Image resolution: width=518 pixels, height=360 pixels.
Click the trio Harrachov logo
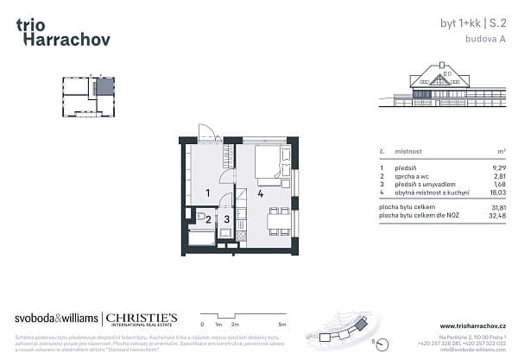[x=63, y=32]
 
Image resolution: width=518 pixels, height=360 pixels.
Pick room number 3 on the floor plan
[x=226, y=219]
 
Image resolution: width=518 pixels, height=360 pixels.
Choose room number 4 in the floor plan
[x=260, y=193]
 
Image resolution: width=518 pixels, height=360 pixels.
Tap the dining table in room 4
[x=278, y=223]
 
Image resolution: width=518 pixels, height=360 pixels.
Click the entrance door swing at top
[x=207, y=132]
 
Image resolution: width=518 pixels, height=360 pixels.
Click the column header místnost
[x=408, y=151]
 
